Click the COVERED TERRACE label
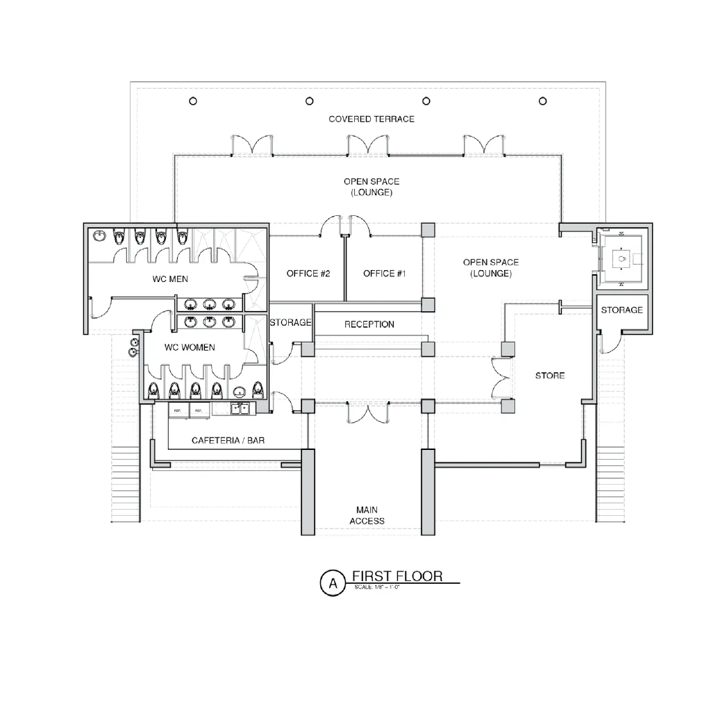pos(371,119)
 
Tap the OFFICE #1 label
pos(384,274)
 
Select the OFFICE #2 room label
pos(308,274)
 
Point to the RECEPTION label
pos(369,324)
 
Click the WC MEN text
pos(170,279)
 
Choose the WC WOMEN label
pos(189,347)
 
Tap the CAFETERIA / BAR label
pos(228,440)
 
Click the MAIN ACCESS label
pos(367,515)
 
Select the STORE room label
pos(550,376)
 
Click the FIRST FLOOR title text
pos(396,576)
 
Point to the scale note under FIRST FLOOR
pos(377,587)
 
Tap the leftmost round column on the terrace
pos(193,101)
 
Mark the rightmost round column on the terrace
pos(542,101)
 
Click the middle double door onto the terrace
pos(367,144)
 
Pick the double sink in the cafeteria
pos(241,408)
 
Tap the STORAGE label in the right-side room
pos(621,310)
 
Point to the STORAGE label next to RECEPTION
pos(290,323)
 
